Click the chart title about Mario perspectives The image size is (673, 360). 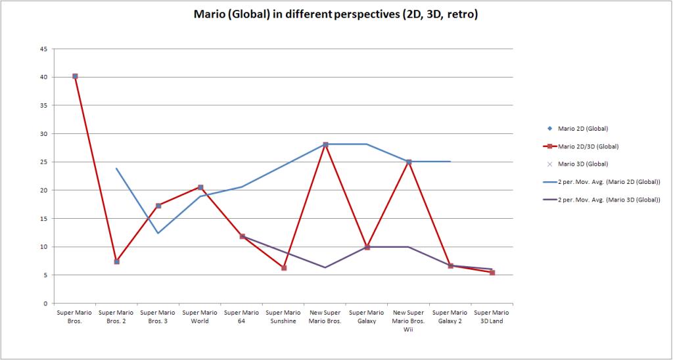[x=335, y=14]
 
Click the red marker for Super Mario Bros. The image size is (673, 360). [x=75, y=76]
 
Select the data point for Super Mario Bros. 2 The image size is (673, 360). [x=116, y=261]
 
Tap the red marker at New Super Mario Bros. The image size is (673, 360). [x=325, y=145]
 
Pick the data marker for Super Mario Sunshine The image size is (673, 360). [x=284, y=268]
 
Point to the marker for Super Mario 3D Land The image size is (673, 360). [x=492, y=272]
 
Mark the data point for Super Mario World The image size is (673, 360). [x=200, y=187]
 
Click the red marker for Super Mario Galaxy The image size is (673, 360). [x=367, y=247]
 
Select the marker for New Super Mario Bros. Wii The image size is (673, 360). [x=409, y=162]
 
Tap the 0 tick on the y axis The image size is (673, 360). [x=45, y=304]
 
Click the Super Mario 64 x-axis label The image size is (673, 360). [x=242, y=317]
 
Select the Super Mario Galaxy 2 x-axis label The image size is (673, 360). [x=450, y=317]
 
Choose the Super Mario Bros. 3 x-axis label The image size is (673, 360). [x=158, y=317]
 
